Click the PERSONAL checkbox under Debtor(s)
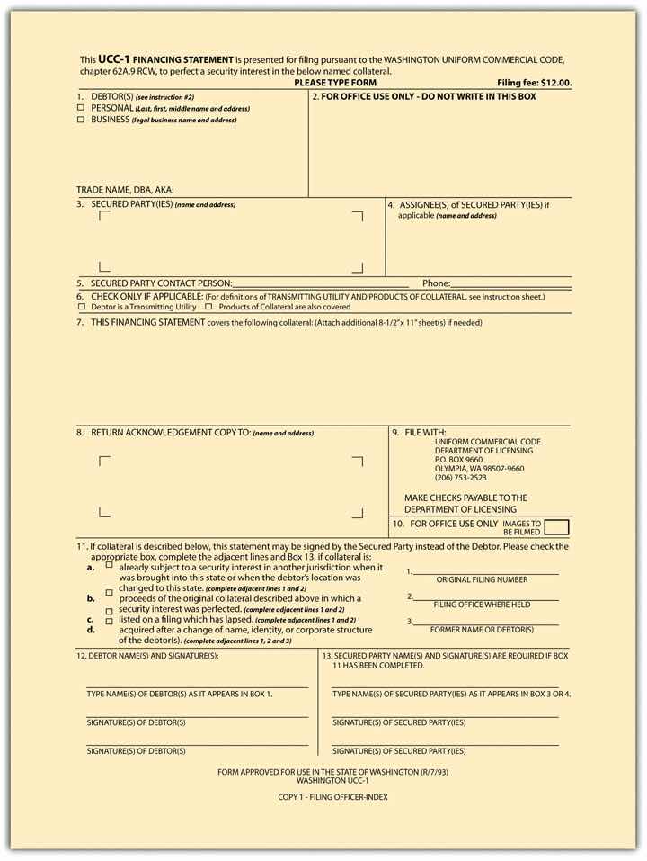click(81, 108)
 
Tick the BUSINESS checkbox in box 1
click(81, 120)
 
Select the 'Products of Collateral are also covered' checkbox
click(209, 307)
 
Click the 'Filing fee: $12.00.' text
click(534, 83)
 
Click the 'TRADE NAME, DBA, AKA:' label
click(125, 190)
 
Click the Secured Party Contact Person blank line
click(320, 285)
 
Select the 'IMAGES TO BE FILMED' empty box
click(557, 527)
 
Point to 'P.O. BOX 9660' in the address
click(458, 460)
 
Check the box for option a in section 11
click(110, 566)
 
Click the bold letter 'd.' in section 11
click(91, 631)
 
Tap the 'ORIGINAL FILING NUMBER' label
click(482, 579)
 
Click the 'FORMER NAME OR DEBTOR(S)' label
click(482, 630)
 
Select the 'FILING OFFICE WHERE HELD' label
click(482, 605)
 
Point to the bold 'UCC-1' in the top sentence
click(117, 58)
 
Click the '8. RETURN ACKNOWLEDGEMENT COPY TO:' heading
click(195, 433)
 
